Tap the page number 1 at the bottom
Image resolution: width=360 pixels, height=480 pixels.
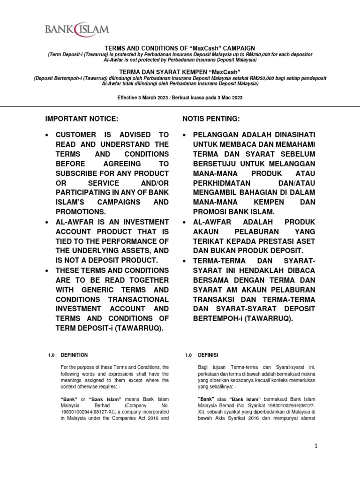316,447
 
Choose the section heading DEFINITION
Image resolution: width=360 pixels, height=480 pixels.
74,355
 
